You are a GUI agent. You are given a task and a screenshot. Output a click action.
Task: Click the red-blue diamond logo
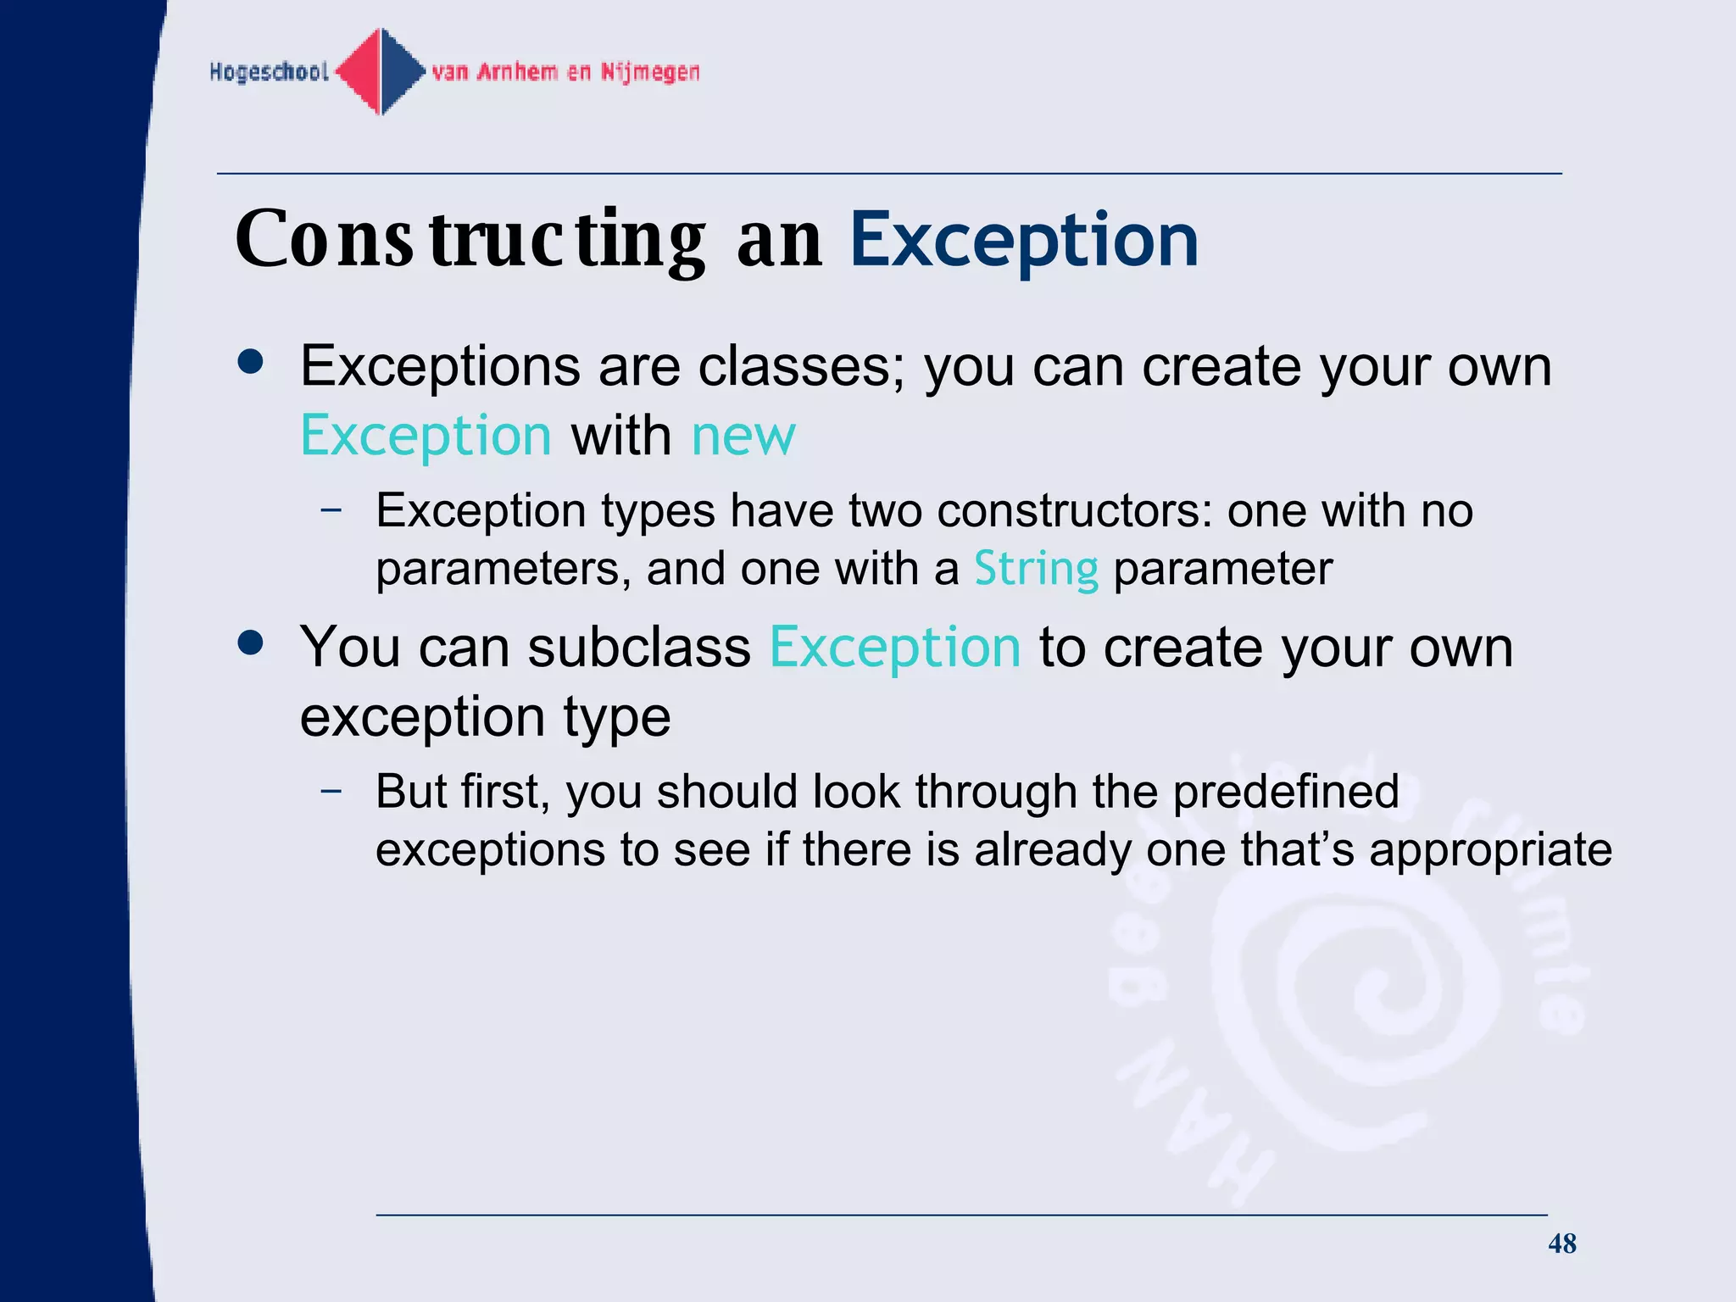(381, 71)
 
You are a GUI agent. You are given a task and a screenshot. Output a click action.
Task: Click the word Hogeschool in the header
(269, 72)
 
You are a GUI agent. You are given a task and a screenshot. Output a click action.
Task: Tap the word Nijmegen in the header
(650, 72)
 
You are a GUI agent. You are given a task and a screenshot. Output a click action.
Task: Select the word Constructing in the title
(470, 241)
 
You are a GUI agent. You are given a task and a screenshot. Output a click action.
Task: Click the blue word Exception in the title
(1024, 241)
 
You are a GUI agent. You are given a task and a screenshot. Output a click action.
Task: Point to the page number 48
(1561, 1244)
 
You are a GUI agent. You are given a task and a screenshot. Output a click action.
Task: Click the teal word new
(743, 436)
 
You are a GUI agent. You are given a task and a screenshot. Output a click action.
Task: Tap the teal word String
(1036, 569)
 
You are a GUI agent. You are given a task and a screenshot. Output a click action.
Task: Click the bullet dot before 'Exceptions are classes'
(251, 363)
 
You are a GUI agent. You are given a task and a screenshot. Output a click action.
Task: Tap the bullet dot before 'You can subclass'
(251, 643)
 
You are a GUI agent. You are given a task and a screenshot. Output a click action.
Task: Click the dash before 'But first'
(331, 791)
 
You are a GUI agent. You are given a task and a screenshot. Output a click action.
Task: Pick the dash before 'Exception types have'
(331, 510)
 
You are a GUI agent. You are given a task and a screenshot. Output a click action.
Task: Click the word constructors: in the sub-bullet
(1075, 511)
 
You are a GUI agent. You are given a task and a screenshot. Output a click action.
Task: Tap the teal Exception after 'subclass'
(895, 648)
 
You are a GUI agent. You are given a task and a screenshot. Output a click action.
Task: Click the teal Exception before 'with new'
(426, 436)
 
